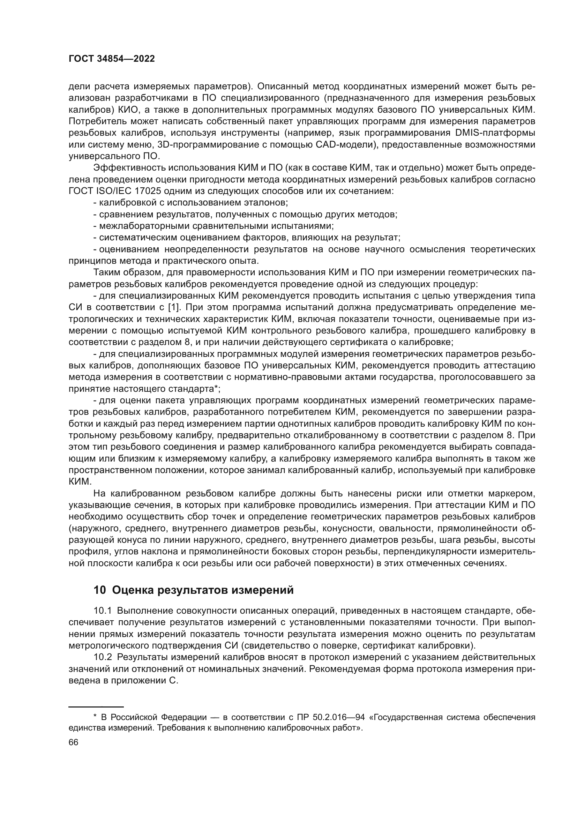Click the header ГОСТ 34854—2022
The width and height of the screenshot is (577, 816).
click(x=112, y=59)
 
